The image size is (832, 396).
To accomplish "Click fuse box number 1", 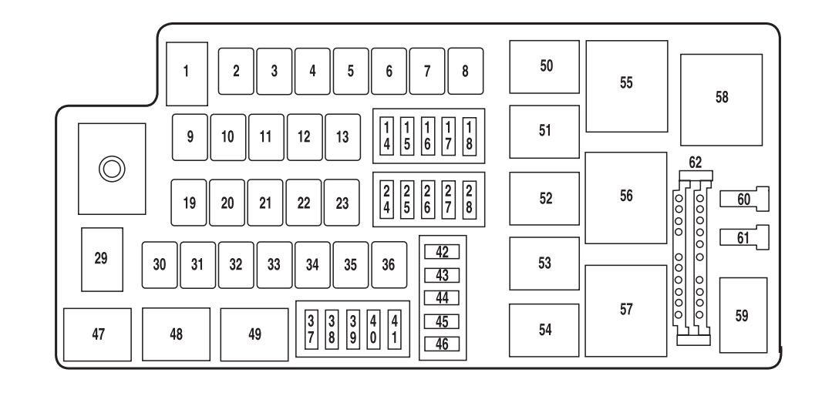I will [186, 73].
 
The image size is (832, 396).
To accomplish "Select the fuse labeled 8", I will [465, 71].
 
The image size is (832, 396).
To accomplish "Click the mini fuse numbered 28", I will [468, 198].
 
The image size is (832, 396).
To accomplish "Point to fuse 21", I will [265, 203].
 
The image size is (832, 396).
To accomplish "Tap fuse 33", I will [274, 264].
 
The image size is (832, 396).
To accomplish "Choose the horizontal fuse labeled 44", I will [443, 298].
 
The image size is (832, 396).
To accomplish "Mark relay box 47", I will [98, 335].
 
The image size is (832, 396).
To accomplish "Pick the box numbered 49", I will [254, 335].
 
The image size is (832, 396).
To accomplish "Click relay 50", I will [546, 66].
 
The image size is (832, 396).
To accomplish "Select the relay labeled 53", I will [546, 263].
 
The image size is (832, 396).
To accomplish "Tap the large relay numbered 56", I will [625, 197].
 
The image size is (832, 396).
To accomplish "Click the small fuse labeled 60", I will [743, 200].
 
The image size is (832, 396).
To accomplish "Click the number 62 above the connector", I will [696, 163].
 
